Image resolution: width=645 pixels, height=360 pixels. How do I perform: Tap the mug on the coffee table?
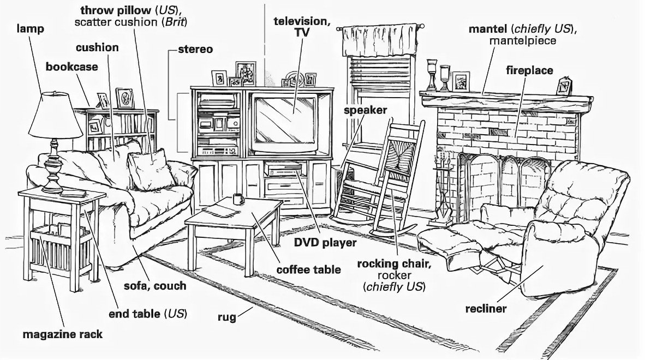[x=238, y=199]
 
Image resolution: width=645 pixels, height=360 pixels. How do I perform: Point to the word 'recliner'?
[x=486, y=309]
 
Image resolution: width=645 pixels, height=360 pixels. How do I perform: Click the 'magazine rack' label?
[x=62, y=334]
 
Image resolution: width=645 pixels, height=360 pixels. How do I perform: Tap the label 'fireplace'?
[x=529, y=70]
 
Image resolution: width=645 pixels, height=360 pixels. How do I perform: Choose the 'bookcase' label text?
[x=71, y=67]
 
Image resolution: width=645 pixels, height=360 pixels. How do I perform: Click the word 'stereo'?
[x=195, y=50]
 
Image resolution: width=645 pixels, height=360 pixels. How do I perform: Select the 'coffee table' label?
[x=308, y=269]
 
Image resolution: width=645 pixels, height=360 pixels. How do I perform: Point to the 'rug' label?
[x=226, y=316]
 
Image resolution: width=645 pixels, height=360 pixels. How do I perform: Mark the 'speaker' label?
[x=365, y=110]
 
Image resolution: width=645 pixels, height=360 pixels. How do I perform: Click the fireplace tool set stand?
[x=443, y=191]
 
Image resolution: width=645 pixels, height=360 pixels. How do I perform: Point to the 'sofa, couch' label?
[x=154, y=286]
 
